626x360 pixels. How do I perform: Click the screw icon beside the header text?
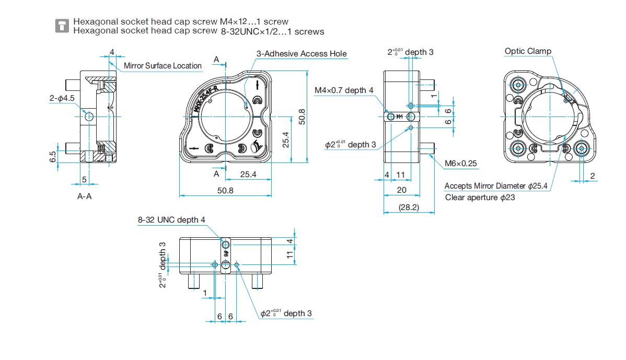point(62,26)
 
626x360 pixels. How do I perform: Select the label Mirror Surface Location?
point(163,65)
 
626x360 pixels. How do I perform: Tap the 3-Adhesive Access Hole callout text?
point(302,54)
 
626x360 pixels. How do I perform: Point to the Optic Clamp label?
point(528,51)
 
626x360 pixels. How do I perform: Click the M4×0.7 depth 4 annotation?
point(344,90)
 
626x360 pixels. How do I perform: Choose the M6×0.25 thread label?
point(461,164)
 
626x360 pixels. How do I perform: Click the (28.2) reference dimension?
point(409,207)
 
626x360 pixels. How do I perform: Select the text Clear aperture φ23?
point(480,198)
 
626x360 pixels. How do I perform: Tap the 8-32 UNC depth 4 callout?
point(171,220)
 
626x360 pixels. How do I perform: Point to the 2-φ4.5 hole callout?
point(62,98)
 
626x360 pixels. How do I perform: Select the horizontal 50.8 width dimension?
point(225,191)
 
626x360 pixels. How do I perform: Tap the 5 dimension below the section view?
point(84,180)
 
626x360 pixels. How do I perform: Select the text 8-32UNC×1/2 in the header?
point(248,31)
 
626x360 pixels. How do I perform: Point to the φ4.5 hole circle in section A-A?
point(88,117)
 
